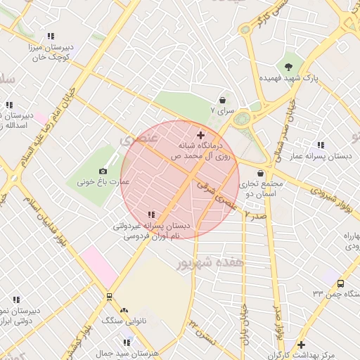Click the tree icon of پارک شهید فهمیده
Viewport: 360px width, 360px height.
pos(290,67)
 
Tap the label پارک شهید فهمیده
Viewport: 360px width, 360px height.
pos(290,79)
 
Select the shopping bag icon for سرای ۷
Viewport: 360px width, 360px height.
pos(223,101)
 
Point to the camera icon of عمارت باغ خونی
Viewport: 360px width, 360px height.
pos(103,171)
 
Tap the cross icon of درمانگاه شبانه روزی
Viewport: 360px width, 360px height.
pos(200,134)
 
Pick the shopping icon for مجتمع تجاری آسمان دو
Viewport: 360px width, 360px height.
pos(261,173)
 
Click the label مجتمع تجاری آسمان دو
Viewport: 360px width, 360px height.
pos(258,188)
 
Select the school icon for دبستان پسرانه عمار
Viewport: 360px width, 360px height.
pos(321,145)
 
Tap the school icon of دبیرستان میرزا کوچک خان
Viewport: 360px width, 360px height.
pos(51,35)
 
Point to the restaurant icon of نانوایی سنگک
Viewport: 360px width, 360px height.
pos(124,309)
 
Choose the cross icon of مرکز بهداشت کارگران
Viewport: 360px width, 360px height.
pos(301,345)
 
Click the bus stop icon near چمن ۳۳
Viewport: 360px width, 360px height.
pos(340,283)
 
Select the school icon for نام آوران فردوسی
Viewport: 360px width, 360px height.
pos(151,214)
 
